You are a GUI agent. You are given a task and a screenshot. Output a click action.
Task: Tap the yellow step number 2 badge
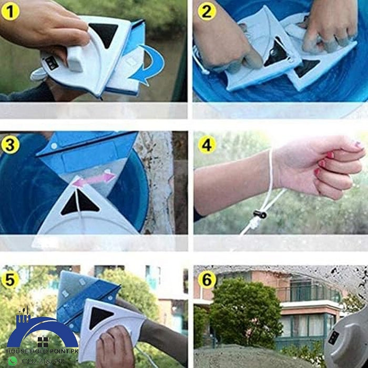point(206,11)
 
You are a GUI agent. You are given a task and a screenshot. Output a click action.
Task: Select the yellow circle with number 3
point(10,145)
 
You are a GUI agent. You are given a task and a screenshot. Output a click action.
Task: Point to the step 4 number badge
point(206,145)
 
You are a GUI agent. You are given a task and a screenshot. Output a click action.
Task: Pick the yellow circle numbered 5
point(10,279)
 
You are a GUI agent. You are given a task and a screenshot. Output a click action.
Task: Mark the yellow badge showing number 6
point(206,279)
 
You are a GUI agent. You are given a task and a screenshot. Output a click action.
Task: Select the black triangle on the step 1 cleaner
point(103,33)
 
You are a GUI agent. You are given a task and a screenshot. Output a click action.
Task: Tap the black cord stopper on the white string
point(258,214)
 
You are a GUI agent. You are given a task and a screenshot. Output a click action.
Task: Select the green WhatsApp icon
point(12,361)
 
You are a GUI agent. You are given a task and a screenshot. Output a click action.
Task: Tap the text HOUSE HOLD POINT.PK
point(42,351)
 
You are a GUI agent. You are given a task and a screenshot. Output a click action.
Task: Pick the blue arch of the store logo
point(42,329)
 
